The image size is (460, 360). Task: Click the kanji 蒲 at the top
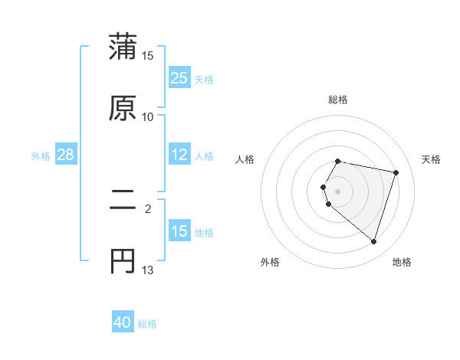pyautogui.click(x=123, y=47)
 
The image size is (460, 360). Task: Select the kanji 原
pyautogui.click(x=123, y=107)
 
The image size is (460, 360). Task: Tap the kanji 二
pyautogui.click(x=123, y=201)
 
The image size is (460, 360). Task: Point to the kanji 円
pyautogui.click(x=123, y=260)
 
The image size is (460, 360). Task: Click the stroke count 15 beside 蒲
pyautogui.click(x=148, y=56)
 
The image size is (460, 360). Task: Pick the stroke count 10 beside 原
pyautogui.click(x=148, y=116)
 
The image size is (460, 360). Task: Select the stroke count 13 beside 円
pyautogui.click(x=148, y=269)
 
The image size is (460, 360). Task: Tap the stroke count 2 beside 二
pyautogui.click(x=149, y=208)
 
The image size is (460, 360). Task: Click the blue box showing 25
pyautogui.click(x=179, y=78)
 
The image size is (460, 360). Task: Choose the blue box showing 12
pyautogui.click(x=179, y=155)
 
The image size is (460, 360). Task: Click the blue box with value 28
pyautogui.click(x=65, y=155)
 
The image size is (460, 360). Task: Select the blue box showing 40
pyautogui.click(x=123, y=322)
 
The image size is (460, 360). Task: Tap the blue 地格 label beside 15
pyautogui.click(x=204, y=233)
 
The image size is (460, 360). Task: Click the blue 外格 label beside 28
pyautogui.click(x=41, y=156)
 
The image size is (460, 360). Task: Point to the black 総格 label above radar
pyautogui.click(x=338, y=100)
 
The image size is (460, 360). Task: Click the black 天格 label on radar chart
pyautogui.click(x=432, y=159)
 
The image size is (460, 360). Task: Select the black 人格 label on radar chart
pyautogui.click(x=245, y=159)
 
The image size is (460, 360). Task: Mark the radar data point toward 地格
pyautogui.click(x=373, y=242)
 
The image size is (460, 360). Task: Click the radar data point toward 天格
pyautogui.click(x=396, y=172)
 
